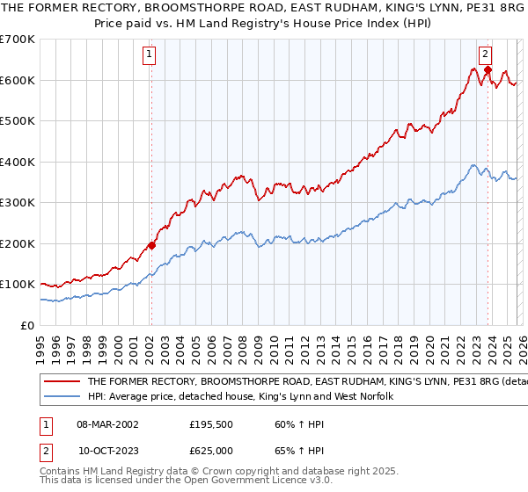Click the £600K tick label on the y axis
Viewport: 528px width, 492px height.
point(18,80)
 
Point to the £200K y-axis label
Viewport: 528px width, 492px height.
point(18,243)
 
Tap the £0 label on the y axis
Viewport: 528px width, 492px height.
point(27,325)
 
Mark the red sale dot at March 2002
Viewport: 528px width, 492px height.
point(151,245)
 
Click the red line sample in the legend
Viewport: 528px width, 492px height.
point(62,382)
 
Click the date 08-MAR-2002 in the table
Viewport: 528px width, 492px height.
point(107,423)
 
